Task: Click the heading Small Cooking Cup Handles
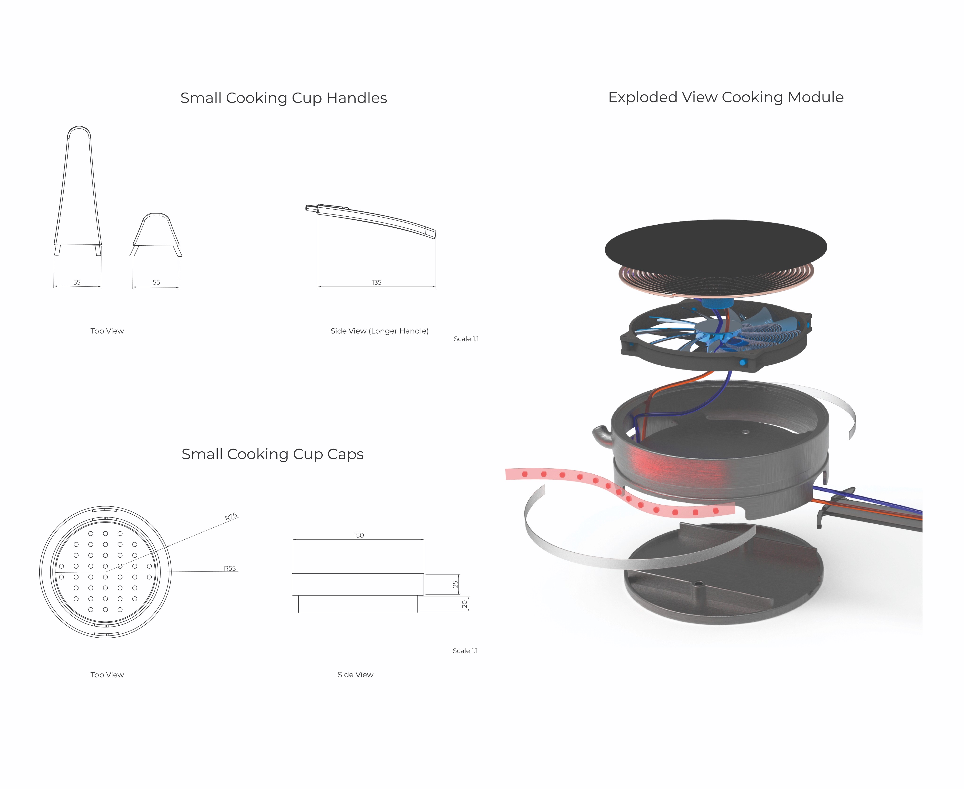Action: click(x=283, y=98)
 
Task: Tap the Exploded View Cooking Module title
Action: click(x=726, y=97)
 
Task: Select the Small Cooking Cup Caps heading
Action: click(x=273, y=454)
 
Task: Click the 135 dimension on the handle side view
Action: click(x=377, y=282)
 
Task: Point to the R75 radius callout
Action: click(x=231, y=517)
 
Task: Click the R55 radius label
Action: click(x=230, y=568)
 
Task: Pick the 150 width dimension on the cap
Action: click(x=358, y=535)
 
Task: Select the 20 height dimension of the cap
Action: click(x=464, y=604)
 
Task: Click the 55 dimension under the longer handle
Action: click(x=77, y=282)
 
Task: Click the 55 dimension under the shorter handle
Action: click(x=156, y=282)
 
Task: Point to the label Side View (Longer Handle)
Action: click(x=379, y=331)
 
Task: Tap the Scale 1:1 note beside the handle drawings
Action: click(x=466, y=339)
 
